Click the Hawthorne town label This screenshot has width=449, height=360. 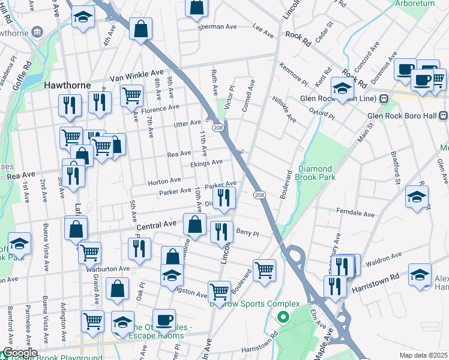click(67, 86)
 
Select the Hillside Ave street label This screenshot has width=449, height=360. click(284, 109)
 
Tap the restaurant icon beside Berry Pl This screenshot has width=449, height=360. click(222, 232)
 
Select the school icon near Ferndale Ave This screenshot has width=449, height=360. click(417, 197)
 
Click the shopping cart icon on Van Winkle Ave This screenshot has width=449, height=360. click(131, 95)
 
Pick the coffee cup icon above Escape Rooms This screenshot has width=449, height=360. click(164, 319)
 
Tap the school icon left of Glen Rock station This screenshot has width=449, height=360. click(342, 90)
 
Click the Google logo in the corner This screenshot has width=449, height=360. click(19, 353)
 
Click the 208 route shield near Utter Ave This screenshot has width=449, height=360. click(218, 128)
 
